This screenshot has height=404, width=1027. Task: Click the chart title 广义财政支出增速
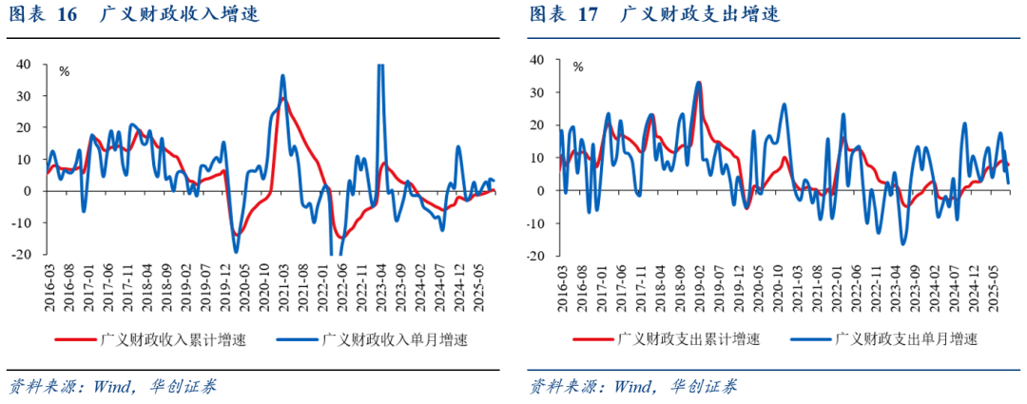tap(699, 14)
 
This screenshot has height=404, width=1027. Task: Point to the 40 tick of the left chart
tap(22, 64)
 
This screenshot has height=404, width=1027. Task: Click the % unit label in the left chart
tap(65, 70)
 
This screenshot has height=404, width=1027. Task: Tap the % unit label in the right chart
tap(577, 67)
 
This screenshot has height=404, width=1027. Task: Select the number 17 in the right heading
tap(588, 14)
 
